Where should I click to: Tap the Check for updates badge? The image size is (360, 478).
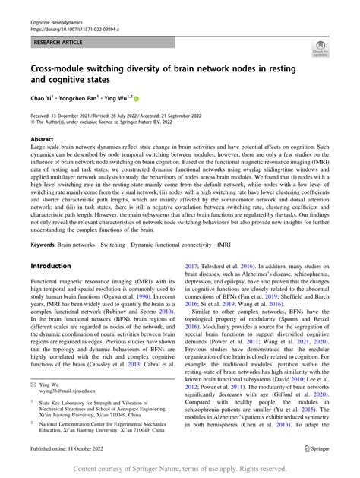[319, 52]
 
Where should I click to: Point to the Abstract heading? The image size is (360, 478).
[42, 140]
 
